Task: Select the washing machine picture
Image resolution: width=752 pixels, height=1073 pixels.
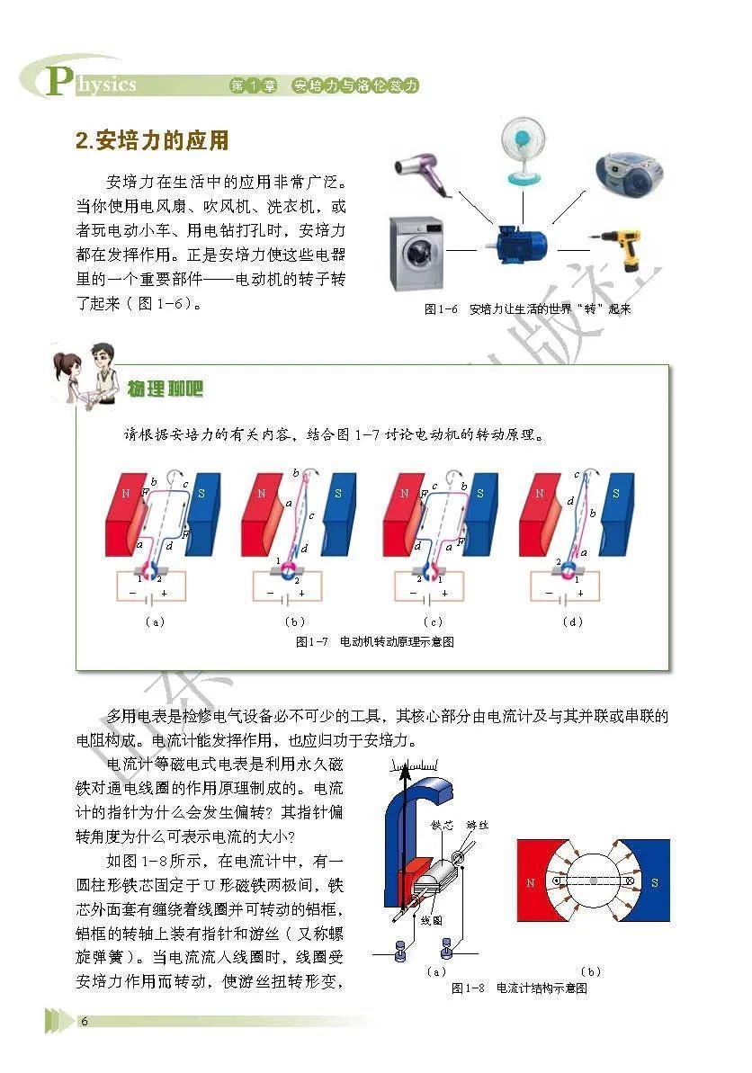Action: pos(416,254)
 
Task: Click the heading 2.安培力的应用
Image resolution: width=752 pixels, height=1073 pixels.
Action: pos(152,140)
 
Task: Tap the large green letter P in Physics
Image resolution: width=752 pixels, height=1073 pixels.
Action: pos(58,80)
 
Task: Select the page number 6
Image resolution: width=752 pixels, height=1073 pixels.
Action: pos(85,1021)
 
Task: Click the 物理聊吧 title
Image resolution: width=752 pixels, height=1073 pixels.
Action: pos(166,389)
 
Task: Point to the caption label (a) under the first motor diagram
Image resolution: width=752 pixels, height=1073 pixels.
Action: pos(156,622)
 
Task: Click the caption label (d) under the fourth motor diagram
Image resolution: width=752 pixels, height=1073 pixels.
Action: pos(572,622)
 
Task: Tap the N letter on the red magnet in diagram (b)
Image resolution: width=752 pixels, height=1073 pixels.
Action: pos(262,494)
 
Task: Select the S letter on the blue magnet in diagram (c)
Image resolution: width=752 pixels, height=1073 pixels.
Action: pos(480,494)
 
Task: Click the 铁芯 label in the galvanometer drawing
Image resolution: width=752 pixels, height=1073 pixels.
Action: pos(442,826)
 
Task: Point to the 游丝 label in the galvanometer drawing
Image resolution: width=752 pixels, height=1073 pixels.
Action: pos(478,826)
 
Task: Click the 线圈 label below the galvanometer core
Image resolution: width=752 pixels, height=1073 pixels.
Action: pos(431,920)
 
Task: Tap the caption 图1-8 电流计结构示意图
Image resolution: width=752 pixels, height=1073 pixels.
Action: pos(519,988)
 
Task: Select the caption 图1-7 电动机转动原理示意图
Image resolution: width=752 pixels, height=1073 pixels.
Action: pos(375,642)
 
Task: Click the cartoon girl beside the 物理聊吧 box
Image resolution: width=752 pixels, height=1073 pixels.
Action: pos(69,379)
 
